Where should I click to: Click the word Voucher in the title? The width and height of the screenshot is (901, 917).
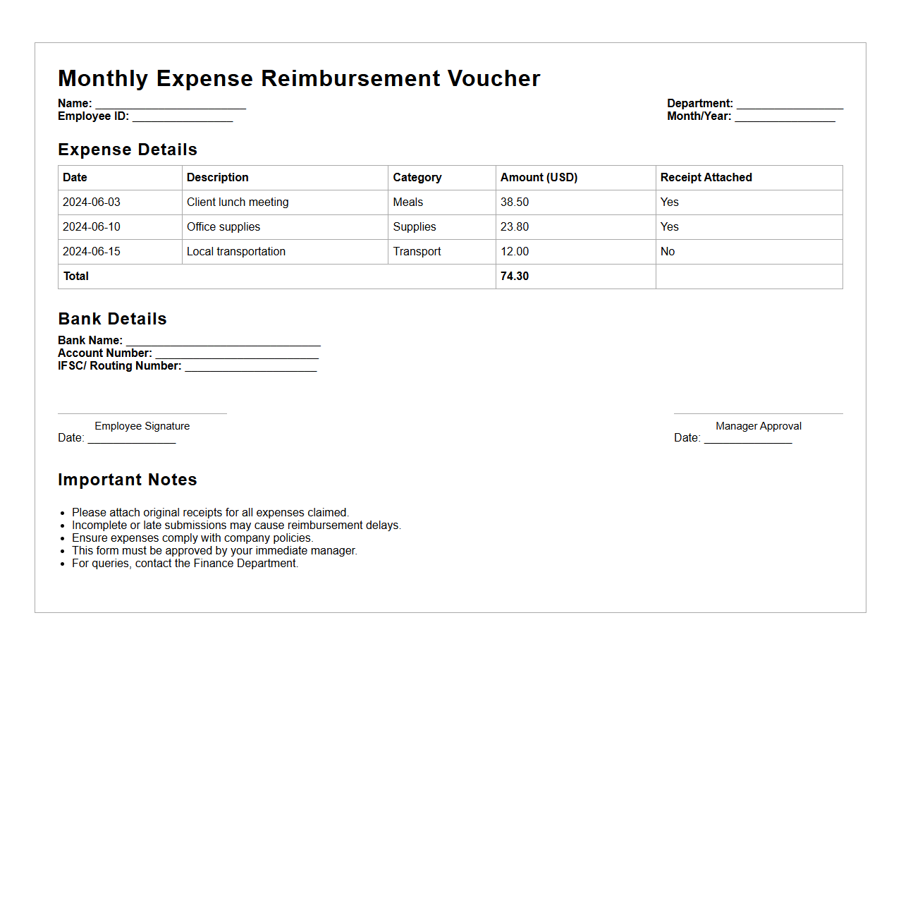(494, 78)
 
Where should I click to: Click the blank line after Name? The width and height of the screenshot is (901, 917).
(171, 104)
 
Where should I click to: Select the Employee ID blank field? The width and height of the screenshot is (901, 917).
(183, 117)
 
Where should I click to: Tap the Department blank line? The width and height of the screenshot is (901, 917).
(790, 104)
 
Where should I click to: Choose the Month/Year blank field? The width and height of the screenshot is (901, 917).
(785, 117)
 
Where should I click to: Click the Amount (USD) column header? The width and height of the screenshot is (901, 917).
(539, 178)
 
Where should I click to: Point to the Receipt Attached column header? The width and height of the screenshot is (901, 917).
(706, 178)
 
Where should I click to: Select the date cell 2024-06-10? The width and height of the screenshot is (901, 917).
(92, 227)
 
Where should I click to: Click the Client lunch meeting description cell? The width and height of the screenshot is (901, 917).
(238, 202)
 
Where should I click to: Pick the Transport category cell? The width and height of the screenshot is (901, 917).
(417, 252)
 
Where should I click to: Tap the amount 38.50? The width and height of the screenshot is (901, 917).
(515, 202)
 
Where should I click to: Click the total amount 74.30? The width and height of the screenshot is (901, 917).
(515, 277)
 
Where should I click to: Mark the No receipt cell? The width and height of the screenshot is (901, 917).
(668, 252)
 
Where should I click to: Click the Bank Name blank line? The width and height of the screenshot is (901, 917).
(223, 341)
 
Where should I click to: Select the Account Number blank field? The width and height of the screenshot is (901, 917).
(237, 354)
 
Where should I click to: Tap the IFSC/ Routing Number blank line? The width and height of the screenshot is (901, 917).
(251, 367)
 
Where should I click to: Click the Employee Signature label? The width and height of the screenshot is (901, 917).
(142, 426)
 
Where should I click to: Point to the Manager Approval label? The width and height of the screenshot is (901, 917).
(759, 426)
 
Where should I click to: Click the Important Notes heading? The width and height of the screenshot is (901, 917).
(128, 480)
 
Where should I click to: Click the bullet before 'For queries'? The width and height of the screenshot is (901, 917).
(63, 564)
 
